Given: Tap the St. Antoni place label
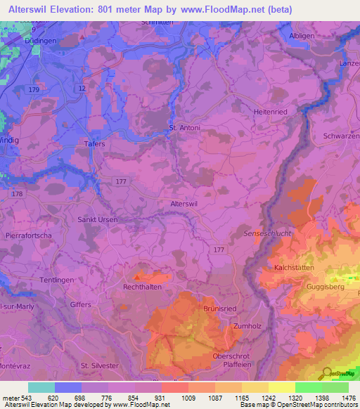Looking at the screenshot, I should (184, 128).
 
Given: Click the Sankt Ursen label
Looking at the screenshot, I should (97, 220).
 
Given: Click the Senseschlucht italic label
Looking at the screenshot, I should (266, 233).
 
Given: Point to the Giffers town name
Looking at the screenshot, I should (81, 304).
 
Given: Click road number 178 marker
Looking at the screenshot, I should (18, 193).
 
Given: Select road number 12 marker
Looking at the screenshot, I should (82, 89).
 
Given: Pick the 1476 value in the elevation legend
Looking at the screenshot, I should (345, 398).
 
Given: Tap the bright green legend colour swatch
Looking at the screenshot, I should (308, 387).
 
